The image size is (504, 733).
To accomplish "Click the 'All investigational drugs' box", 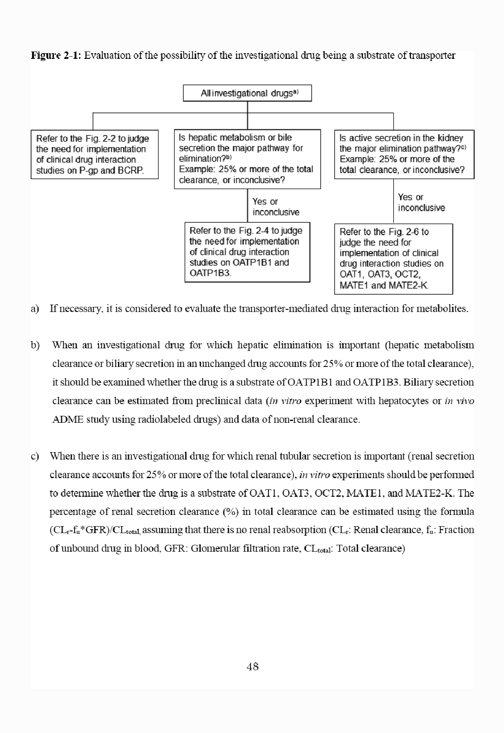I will pos(247,93).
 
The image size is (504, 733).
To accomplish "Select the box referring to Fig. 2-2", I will pos(94,154).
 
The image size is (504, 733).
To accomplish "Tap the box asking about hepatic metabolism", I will pos(247,159).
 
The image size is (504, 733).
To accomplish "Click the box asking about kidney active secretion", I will pos(404,154).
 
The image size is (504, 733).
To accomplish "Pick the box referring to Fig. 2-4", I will pos(247,252).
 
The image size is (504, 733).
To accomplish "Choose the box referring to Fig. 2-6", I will pos(393,258).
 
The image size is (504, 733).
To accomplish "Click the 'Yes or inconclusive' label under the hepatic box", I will pos(276,207).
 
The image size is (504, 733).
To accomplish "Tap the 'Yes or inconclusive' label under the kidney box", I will pos(421,203).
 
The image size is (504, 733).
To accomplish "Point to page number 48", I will pos(252,667).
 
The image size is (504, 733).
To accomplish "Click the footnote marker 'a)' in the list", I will pos(35,309).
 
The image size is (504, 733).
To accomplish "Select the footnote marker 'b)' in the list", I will pos(35,345).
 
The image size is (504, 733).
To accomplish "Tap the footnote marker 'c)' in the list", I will pos(35,456).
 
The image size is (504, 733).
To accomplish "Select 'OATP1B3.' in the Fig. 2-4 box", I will pos(211,273).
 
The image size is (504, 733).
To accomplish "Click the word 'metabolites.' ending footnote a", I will pos(446,309).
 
